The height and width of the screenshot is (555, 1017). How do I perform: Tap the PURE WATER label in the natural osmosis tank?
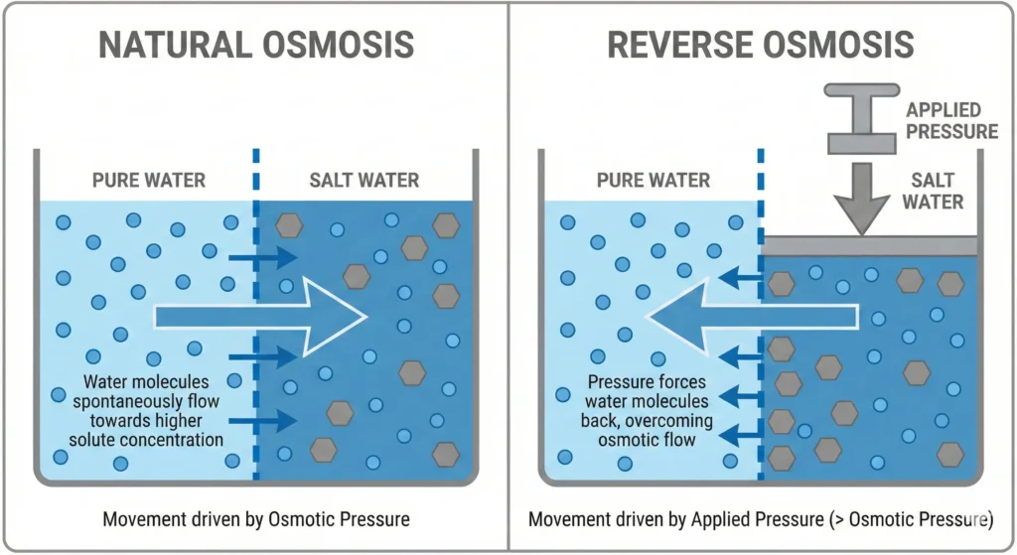tap(148, 181)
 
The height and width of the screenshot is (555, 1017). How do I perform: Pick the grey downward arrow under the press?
tap(861, 198)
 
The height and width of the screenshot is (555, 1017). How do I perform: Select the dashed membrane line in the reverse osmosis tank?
tap(761, 298)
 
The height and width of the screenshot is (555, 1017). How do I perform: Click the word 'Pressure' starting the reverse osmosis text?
tap(620, 382)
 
